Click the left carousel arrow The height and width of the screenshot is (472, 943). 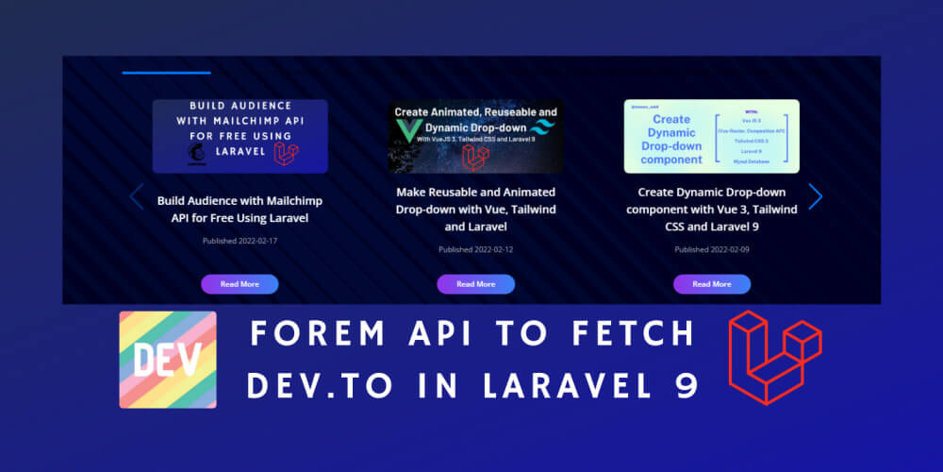[x=137, y=196]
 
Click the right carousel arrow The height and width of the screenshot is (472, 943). [x=816, y=196]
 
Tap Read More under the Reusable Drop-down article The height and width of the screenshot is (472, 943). [x=475, y=284]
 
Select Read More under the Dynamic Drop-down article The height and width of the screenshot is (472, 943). [x=711, y=284]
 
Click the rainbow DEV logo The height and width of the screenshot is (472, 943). [x=168, y=360]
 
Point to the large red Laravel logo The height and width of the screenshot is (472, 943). [x=775, y=357]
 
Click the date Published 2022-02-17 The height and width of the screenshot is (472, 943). [x=240, y=241]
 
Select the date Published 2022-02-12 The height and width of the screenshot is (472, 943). [x=475, y=249]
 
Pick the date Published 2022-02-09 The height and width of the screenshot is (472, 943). [x=711, y=249]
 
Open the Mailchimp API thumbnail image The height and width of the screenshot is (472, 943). [x=240, y=136]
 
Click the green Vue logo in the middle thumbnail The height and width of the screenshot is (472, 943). [x=409, y=137]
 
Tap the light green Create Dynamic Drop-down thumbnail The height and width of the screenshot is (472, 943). [x=711, y=136]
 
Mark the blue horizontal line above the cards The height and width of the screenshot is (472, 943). [x=166, y=73]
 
